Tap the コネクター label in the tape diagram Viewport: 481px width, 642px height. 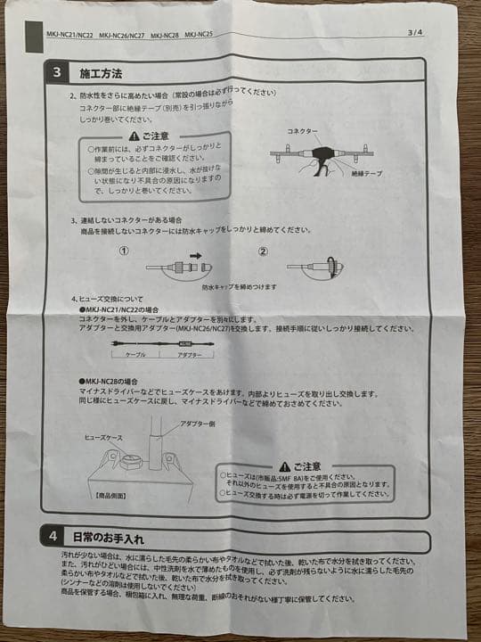302,131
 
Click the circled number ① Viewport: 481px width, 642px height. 125,251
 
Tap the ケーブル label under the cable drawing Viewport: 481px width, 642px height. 135,355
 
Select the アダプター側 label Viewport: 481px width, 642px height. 198,424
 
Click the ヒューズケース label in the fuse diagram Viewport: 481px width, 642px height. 103,439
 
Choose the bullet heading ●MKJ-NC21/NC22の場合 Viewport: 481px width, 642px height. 121,309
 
